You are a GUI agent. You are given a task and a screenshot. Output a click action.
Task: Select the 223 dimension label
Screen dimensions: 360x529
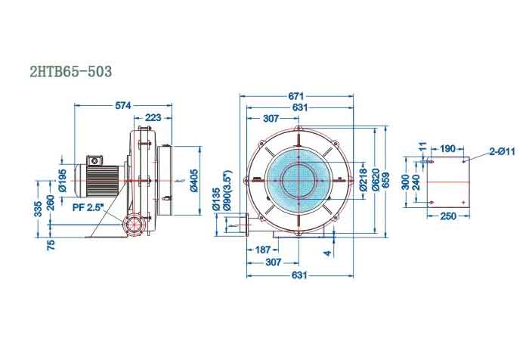pos(153,117)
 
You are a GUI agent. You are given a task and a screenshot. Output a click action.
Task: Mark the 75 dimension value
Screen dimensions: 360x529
pos(51,245)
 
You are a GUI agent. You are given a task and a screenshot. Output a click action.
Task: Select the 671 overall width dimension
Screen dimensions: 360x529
pos(296,95)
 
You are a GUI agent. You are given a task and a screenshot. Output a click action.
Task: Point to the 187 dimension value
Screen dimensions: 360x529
pos(262,249)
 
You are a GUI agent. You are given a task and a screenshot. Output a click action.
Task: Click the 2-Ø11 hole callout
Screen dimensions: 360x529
pos(502,152)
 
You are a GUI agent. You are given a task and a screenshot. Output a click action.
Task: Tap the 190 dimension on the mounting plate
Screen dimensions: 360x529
pos(447,148)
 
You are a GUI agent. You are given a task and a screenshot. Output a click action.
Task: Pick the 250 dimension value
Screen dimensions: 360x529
pos(447,216)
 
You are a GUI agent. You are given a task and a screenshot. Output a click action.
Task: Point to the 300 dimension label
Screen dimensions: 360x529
pos(406,182)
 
